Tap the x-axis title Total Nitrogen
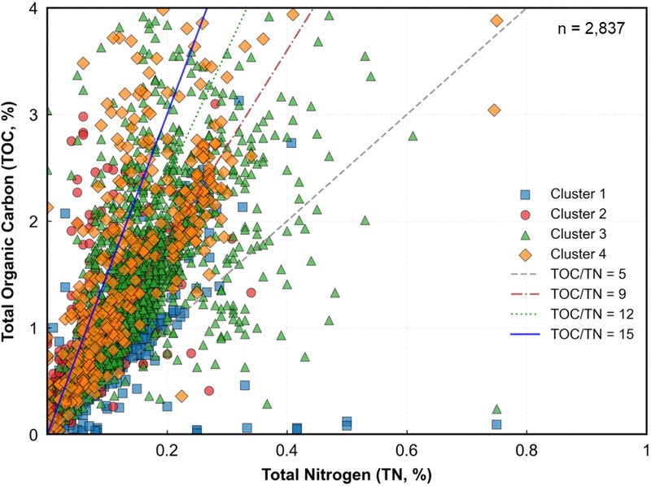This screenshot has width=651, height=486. click(347, 473)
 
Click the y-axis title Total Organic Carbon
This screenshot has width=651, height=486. click(14, 218)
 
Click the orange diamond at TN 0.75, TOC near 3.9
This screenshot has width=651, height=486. click(496, 21)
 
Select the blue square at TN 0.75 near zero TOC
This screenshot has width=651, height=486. click(496, 424)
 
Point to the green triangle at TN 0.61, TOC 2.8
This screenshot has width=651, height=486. click(413, 136)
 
